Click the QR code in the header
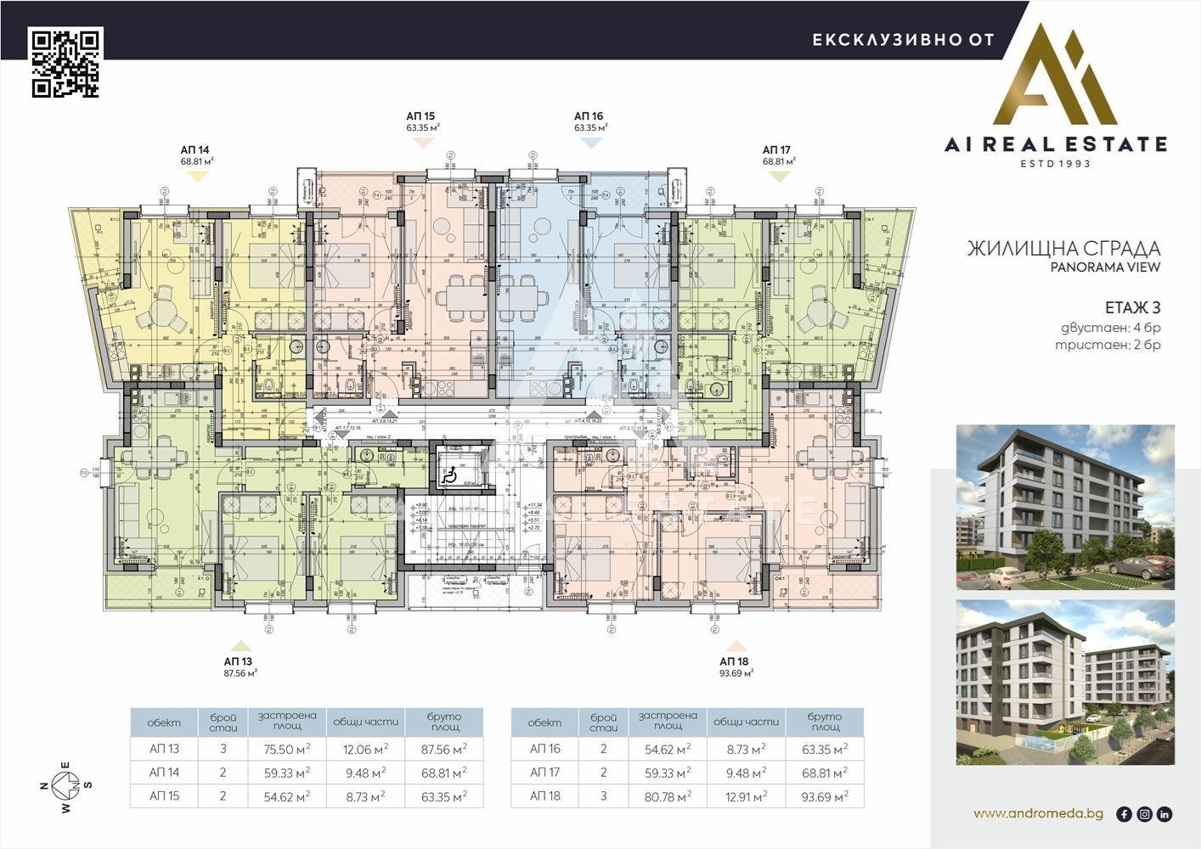tap(66, 63)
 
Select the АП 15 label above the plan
tap(420, 116)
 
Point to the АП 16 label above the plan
tap(589, 116)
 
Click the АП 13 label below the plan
tap(239, 661)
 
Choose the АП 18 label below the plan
tap(735, 661)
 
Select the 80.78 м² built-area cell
tap(668, 796)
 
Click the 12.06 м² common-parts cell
tap(365, 750)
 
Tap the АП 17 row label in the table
tap(544, 773)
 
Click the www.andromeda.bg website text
tap(1038, 813)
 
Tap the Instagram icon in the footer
tap(1144, 814)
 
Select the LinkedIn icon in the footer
tap(1164, 814)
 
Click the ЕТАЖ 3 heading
tap(1132, 307)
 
